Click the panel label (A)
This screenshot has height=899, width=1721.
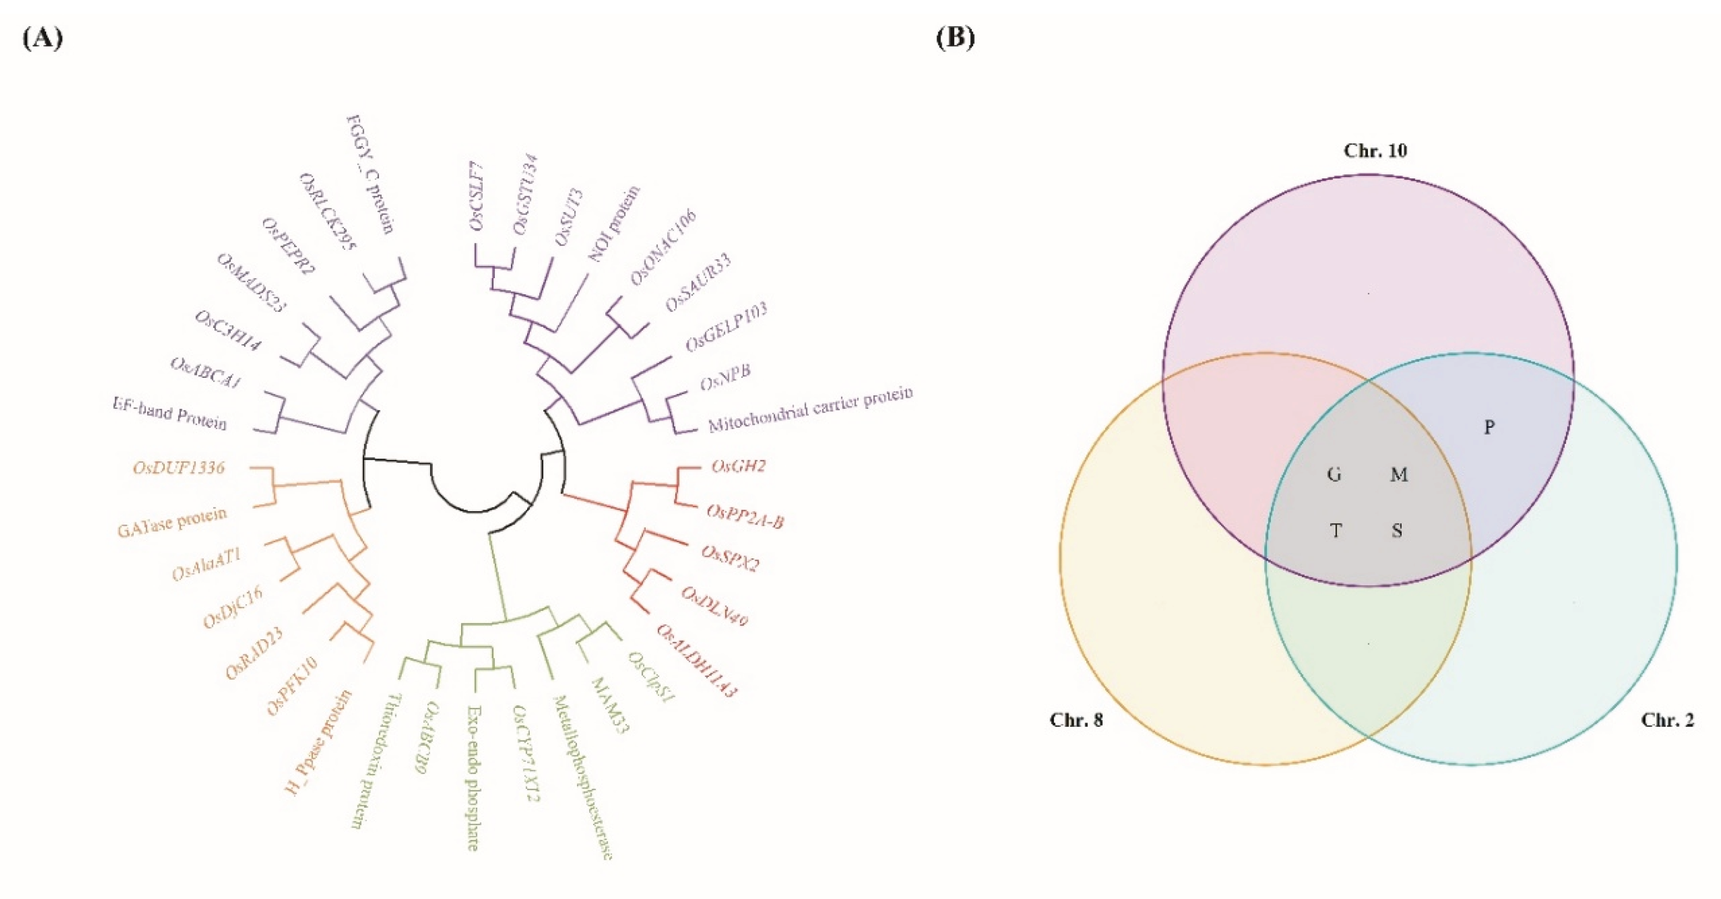point(43,39)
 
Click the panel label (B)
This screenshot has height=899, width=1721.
point(955,39)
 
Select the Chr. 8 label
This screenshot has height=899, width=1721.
point(1076,720)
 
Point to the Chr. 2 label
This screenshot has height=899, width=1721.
point(1667,720)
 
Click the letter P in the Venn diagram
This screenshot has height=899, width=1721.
point(1489,427)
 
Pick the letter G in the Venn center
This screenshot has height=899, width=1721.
point(1334,474)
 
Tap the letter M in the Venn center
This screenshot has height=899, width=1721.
point(1398,474)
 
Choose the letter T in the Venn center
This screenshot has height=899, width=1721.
point(1335,531)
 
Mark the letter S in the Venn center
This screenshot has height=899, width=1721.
point(1397,531)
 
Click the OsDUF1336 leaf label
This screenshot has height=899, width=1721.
point(178,467)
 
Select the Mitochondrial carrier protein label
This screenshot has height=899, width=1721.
point(810,408)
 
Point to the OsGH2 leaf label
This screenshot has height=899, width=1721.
point(738,466)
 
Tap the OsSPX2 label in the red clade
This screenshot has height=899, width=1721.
point(730,559)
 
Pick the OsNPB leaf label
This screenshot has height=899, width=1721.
point(725,378)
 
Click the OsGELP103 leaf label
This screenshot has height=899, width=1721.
point(726,327)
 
